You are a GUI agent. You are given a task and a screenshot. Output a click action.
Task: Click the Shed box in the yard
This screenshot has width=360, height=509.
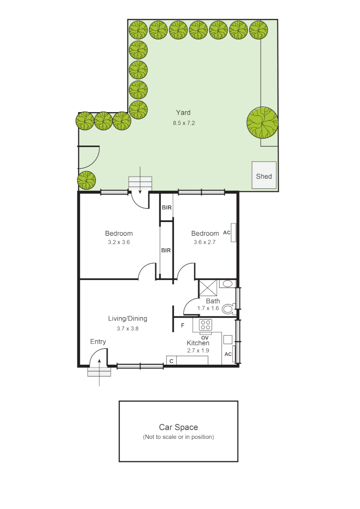click(264, 176)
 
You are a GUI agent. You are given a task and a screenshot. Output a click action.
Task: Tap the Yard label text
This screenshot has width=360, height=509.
click(183, 113)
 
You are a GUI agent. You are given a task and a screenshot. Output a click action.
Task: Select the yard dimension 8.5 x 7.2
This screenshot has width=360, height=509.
click(183, 123)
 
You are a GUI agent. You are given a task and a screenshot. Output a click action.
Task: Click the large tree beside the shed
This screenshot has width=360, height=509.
click(262, 123)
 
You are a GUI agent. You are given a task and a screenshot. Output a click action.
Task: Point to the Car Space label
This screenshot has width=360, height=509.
click(178, 427)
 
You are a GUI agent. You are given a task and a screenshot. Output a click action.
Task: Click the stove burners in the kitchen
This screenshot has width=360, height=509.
click(205, 325)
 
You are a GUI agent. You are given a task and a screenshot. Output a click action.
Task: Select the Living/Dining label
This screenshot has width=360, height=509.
click(128, 319)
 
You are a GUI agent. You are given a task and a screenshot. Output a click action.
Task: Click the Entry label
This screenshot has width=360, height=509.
click(98, 342)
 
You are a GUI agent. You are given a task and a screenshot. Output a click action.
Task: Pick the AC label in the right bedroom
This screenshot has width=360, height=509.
click(226, 233)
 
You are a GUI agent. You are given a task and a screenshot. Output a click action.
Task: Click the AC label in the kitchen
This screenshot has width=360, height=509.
click(228, 354)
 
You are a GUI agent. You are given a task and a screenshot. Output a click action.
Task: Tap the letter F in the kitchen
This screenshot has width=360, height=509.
click(182, 326)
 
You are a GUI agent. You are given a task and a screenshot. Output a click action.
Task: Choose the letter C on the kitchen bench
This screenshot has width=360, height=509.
click(172, 361)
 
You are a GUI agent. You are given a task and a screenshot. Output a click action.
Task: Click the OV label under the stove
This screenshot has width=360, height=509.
click(205, 337)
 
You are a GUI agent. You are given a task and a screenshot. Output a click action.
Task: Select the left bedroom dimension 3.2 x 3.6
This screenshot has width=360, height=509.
click(118, 242)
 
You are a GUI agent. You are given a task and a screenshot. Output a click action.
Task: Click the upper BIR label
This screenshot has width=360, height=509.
click(166, 207)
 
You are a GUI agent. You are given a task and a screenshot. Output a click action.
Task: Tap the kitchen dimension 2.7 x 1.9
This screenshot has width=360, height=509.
click(198, 351)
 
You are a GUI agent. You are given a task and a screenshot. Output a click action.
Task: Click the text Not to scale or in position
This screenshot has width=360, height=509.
click(178, 437)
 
